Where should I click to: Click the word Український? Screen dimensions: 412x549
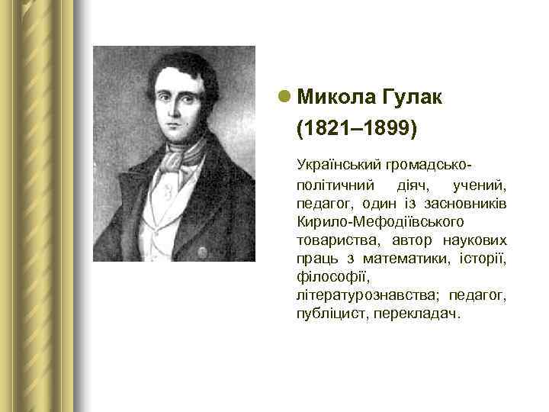pyautogui.click(x=336, y=165)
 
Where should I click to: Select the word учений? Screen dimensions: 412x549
pyautogui.click(x=480, y=185)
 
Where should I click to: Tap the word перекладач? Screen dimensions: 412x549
pyautogui.click(x=417, y=314)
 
